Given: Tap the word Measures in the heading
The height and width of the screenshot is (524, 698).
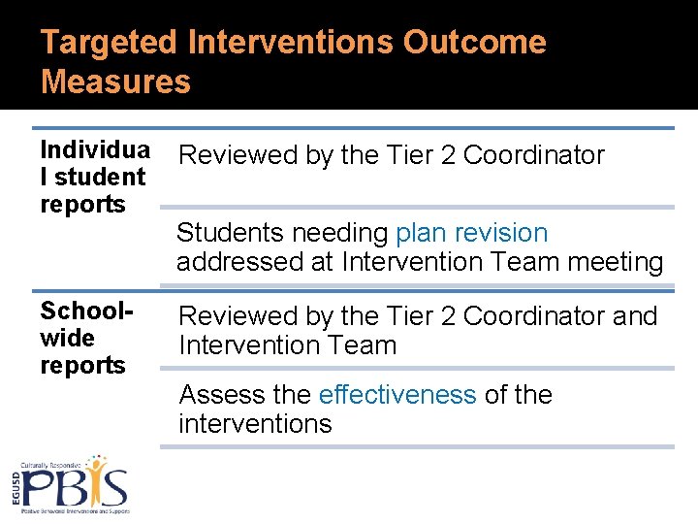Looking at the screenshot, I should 115,82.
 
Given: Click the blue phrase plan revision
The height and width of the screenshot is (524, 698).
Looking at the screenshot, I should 471,233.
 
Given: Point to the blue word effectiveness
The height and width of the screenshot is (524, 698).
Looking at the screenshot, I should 397,395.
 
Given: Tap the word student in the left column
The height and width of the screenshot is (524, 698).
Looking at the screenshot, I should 100,178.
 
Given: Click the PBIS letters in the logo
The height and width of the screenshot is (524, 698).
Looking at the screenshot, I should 75,484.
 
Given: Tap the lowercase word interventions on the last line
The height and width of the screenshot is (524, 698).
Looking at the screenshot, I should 255,424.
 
